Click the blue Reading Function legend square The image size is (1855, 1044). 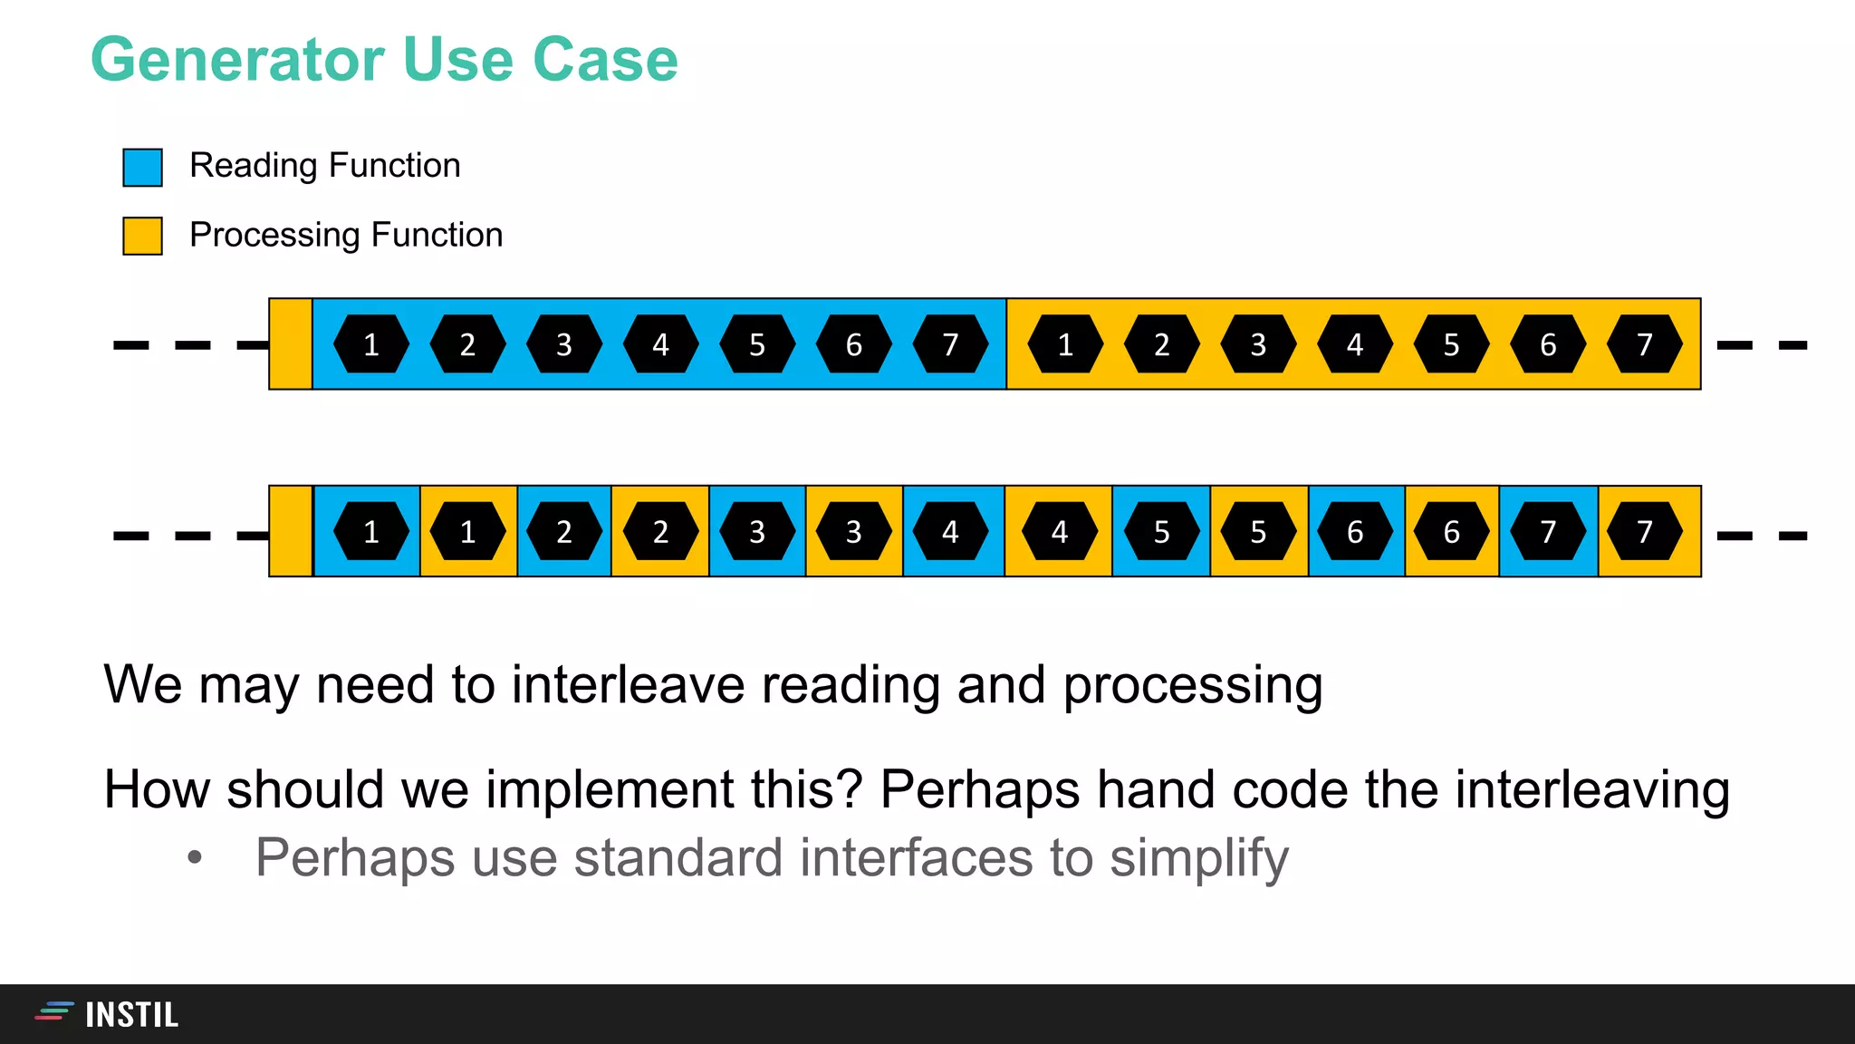142,168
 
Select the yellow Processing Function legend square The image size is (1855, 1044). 142,236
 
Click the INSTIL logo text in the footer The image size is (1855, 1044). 131,1015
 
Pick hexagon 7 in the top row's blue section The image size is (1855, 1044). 950,344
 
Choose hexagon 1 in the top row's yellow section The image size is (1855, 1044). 1065,344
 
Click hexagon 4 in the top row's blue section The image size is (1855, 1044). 660,344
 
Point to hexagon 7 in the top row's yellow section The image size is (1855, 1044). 1644,344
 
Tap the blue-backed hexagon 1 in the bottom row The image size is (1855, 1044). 370,531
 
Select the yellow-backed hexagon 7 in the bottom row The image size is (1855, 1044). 1644,531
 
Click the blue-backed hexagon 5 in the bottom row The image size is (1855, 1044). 1161,531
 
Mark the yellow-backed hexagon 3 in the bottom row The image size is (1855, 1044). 853,531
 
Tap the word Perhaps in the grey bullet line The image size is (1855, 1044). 354,857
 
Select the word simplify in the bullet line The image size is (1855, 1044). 1198,857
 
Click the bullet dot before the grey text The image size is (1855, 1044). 195,858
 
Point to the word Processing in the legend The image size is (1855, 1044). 275,236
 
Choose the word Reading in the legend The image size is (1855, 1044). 253,166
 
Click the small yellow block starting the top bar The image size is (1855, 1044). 291,344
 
